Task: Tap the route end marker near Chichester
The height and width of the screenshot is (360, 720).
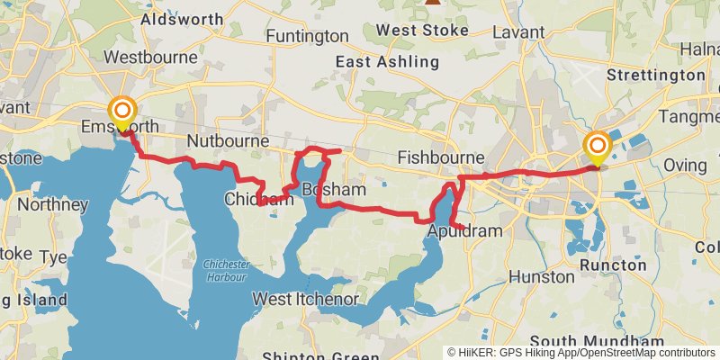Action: pos(597,147)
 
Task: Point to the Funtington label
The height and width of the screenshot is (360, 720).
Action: pos(307,36)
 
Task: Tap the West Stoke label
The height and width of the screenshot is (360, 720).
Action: pos(422,30)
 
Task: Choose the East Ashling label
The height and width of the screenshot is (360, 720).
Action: pos(387,62)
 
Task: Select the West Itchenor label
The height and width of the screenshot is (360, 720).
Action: pos(307,299)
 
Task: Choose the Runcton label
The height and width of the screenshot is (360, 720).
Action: pos(613,265)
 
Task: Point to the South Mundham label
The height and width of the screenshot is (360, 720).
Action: pos(598,341)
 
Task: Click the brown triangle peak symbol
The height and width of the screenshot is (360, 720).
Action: pos(433,3)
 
